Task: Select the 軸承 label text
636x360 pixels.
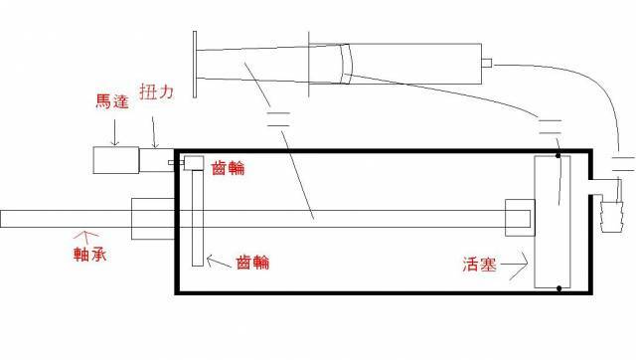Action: (x=90, y=256)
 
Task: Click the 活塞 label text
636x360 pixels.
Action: (x=483, y=266)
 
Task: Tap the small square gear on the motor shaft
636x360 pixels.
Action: (x=192, y=163)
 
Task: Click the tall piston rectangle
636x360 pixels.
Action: (x=550, y=221)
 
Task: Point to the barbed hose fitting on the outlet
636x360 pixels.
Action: (x=607, y=211)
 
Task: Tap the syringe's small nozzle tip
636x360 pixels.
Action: (x=487, y=62)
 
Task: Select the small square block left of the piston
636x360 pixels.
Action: (x=519, y=218)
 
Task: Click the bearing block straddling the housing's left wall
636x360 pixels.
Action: (x=154, y=218)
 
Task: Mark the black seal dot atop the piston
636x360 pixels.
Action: (x=558, y=155)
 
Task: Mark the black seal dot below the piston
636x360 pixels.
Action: (x=559, y=289)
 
